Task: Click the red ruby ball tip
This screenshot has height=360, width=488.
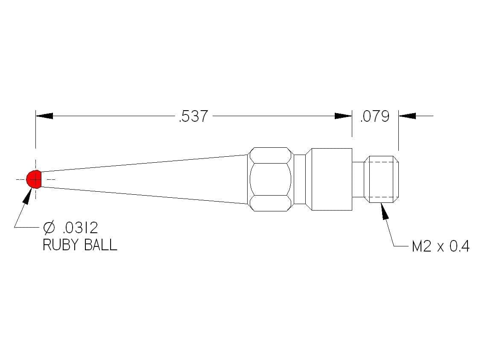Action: [34, 179]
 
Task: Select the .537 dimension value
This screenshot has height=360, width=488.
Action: [193, 116]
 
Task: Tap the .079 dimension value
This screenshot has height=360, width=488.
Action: [375, 116]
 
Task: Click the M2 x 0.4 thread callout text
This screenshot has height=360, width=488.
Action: [440, 246]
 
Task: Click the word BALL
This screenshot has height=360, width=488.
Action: [100, 245]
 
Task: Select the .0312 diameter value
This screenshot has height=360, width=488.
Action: [80, 228]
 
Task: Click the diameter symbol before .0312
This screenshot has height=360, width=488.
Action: [49, 228]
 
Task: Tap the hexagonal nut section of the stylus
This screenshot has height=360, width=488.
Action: [270, 179]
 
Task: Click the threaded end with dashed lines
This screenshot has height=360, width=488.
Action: [381, 179]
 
